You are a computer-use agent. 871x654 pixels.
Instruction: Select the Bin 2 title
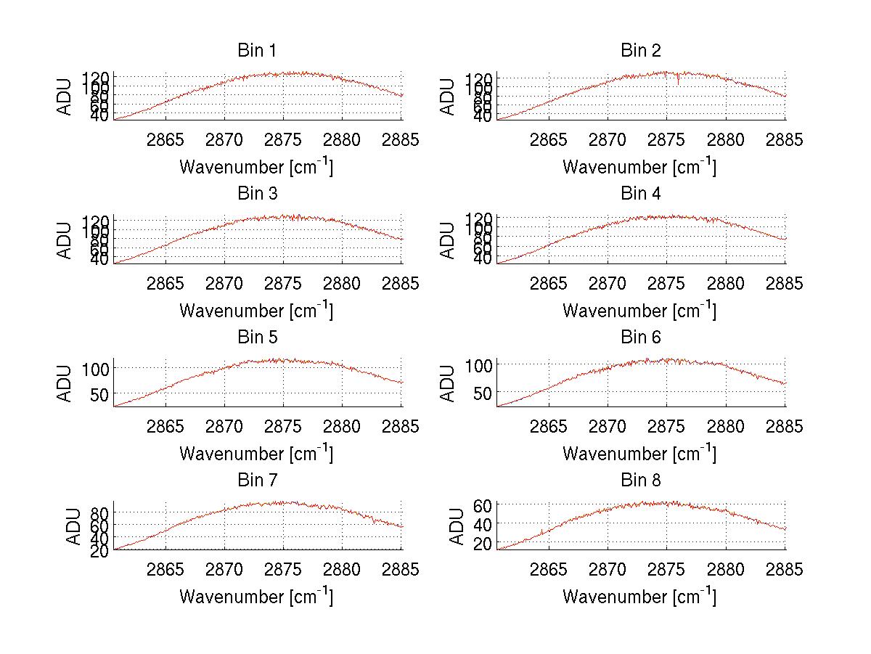(640, 51)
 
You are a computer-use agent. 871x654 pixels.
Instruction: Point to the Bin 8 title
(640, 481)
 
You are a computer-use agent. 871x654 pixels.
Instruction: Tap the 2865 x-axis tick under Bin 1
(165, 140)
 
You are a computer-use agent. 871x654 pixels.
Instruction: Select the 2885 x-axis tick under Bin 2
(785, 140)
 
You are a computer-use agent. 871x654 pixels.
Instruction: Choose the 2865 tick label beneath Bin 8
(549, 569)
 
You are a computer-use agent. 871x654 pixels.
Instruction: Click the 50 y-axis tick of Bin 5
(100, 393)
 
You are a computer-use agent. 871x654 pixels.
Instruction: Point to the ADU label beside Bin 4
(448, 240)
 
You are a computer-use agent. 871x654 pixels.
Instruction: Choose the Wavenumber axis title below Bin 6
(639, 454)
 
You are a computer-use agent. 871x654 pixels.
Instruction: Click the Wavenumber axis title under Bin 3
(256, 311)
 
